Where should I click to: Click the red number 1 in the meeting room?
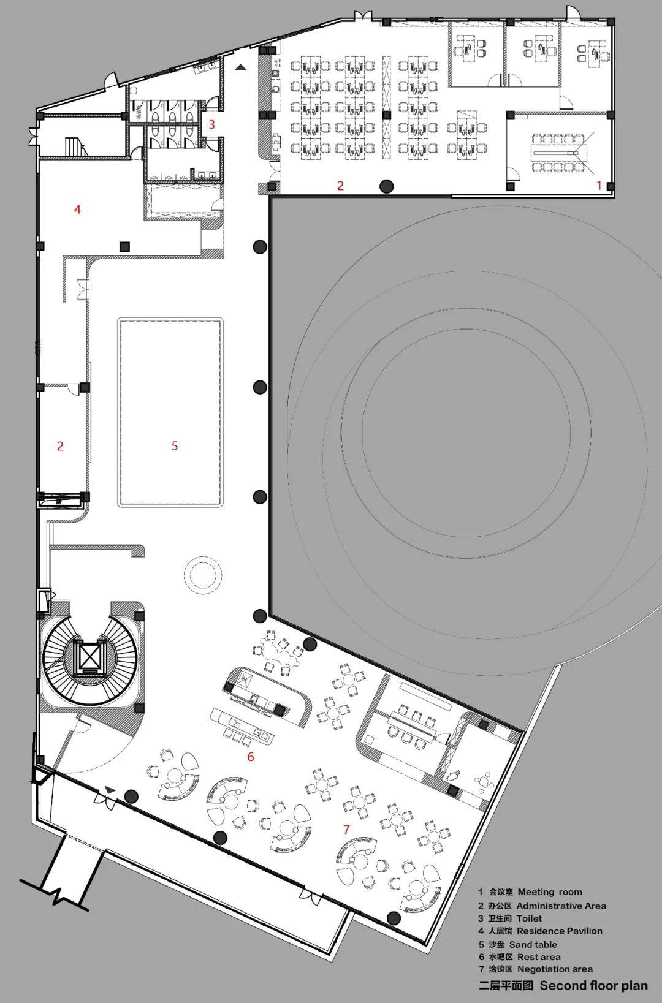click(599, 184)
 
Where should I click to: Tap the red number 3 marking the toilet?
click(212, 124)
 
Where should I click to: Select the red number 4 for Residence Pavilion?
click(77, 209)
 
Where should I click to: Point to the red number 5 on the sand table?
click(175, 445)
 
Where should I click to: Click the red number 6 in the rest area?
click(251, 756)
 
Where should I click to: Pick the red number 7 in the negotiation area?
click(346, 829)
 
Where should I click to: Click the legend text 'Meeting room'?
click(550, 891)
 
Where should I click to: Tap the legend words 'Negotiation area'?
click(555, 969)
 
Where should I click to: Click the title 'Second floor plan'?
click(593, 985)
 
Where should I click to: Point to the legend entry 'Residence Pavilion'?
click(560, 931)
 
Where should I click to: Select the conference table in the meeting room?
click(556, 153)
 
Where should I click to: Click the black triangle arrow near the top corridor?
click(241, 67)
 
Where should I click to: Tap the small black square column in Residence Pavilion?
click(124, 246)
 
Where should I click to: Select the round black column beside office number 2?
click(387, 186)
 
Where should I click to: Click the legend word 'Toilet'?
click(530, 918)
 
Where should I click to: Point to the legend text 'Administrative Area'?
click(561, 906)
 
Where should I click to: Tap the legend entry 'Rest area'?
click(539, 957)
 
